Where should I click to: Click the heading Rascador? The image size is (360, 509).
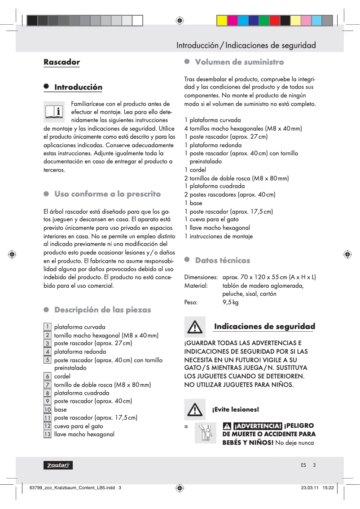[61, 62]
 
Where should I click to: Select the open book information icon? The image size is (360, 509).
[54, 111]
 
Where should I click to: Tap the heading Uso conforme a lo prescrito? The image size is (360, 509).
[107, 194]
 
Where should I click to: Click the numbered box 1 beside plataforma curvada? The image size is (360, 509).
[47, 327]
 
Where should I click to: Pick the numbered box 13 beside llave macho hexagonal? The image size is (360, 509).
[47, 434]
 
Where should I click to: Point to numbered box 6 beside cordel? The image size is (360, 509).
[47, 376]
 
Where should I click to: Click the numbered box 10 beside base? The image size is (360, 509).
[47, 409]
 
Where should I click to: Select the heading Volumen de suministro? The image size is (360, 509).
[239, 62]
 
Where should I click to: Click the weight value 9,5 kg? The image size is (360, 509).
[231, 302]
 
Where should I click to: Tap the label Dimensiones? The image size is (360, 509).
[201, 277]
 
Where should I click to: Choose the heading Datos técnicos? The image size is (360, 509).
[222, 260]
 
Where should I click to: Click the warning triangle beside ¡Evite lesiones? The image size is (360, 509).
[195, 409]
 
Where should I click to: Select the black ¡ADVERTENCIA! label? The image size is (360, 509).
[258, 426]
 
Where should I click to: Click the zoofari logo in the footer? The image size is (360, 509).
[58, 465]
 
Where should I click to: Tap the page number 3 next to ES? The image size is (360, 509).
[314, 465]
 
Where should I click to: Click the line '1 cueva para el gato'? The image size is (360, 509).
[211, 219]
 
